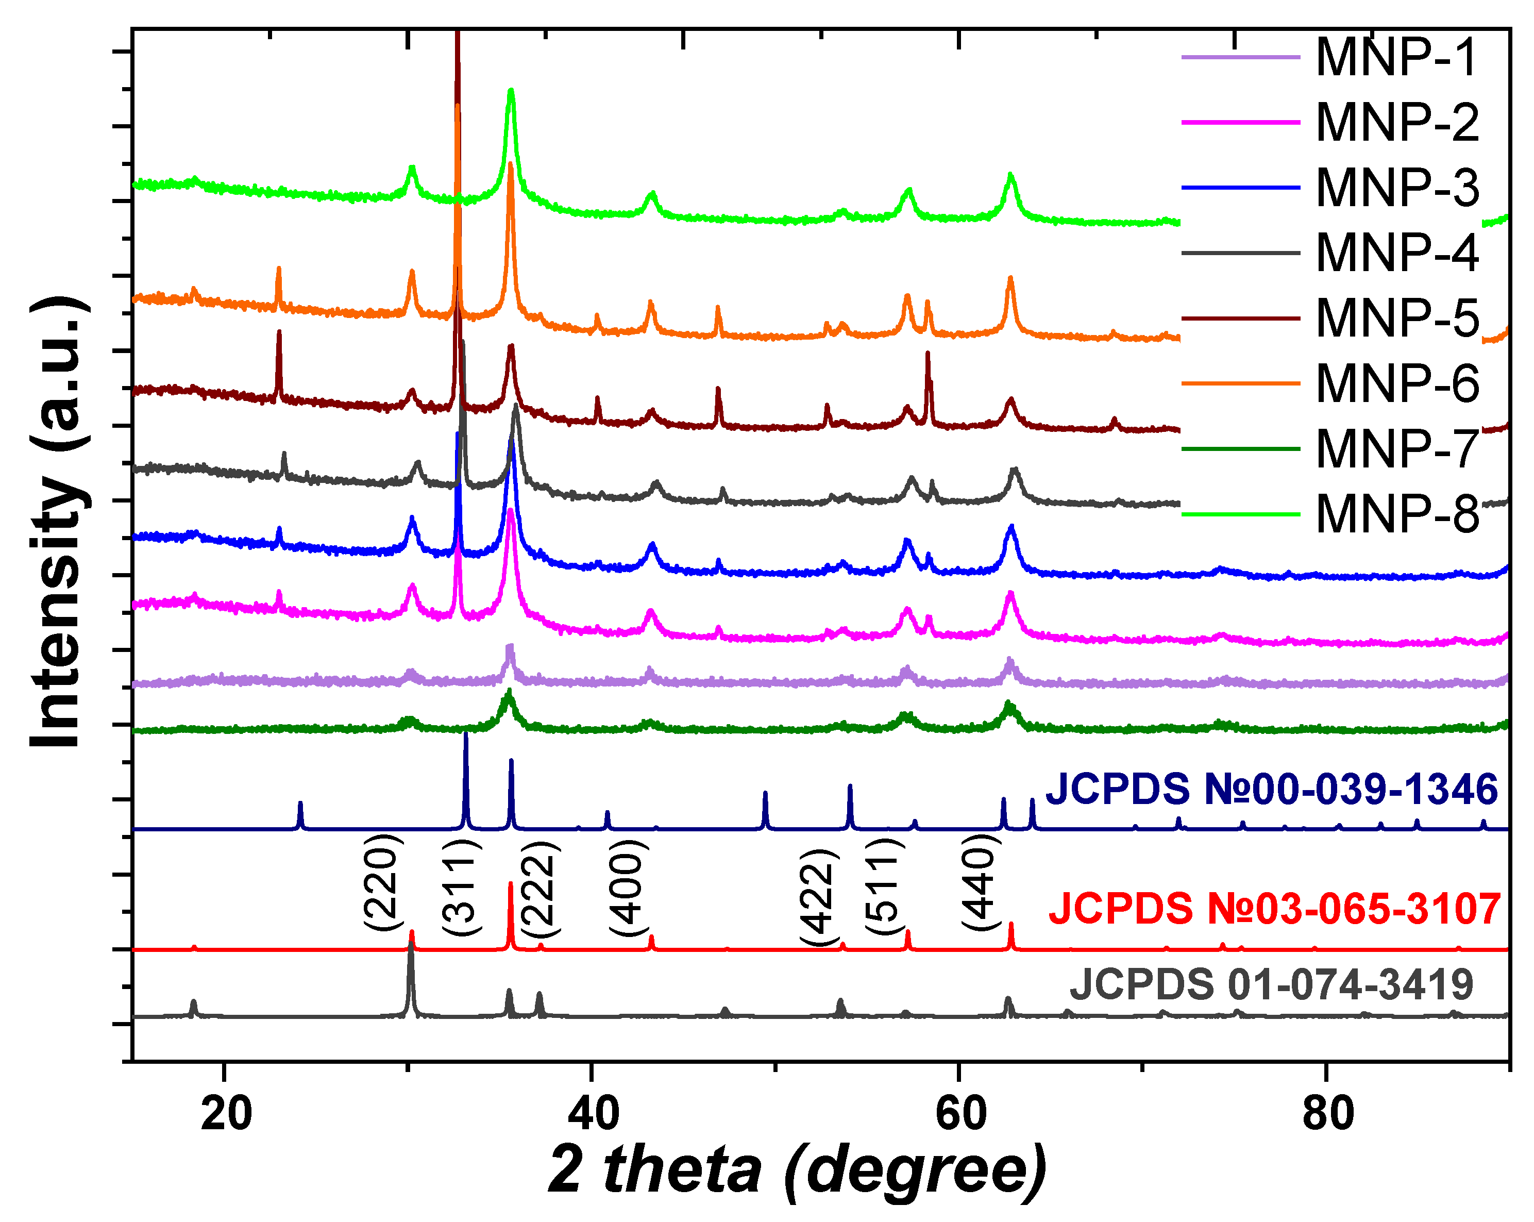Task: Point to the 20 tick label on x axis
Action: click(x=226, y=1114)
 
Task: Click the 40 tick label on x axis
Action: click(x=594, y=1114)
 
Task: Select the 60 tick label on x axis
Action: click(x=960, y=1114)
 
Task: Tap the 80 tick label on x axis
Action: click(x=1328, y=1114)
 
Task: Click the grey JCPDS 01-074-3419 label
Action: click(x=1271, y=985)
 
